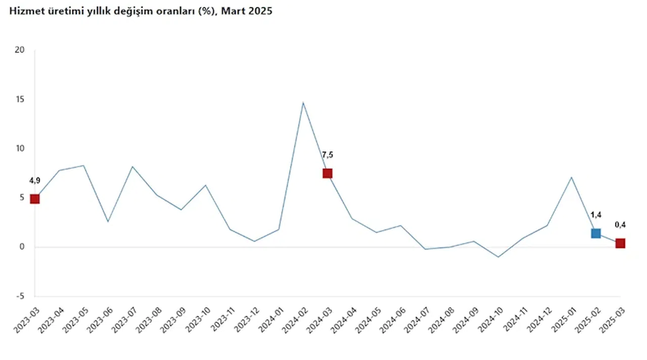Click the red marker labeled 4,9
[34, 199]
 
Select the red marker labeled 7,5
[327, 173]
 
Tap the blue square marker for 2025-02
[596, 233]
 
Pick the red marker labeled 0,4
[620, 243]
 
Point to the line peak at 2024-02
[303, 103]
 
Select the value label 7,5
[328, 155]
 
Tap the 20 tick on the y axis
[20, 50]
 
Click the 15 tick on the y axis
[20, 100]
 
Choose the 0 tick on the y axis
[22, 247]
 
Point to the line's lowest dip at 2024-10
[498, 257]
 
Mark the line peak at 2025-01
[571, 177]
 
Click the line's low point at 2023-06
[108, 221]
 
